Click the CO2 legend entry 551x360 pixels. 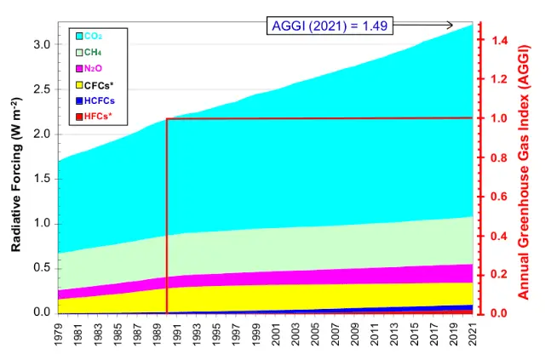92,36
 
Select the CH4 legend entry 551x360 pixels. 92,52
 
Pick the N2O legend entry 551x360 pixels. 92,68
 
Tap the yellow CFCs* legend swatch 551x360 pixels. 79,84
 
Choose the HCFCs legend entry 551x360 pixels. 96,100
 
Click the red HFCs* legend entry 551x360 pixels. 95,116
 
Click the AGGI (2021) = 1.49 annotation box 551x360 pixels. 329,26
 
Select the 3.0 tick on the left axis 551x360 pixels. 39,44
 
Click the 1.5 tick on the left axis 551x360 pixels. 39,179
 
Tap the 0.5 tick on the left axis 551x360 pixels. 39,268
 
